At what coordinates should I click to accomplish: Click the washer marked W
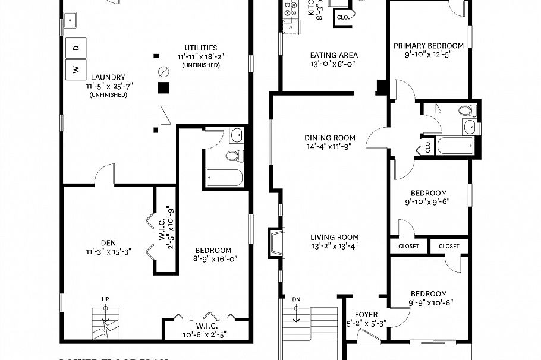(76, 68)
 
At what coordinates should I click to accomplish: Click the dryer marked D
(76, 47)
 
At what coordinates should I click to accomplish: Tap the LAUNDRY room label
(108, 77)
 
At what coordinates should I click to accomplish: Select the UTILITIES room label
(200, 48)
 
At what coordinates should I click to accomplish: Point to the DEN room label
(108, 242)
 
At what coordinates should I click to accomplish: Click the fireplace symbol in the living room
(276, 243)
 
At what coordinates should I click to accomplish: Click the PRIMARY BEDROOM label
(429, 46)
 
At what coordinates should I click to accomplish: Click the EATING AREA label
(334, 55)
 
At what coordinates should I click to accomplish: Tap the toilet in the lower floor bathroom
(235, 156)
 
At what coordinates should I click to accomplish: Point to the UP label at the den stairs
(106, 299)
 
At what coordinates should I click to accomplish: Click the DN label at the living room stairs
(297, 299)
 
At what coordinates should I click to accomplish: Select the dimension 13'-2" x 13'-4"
(335, 246)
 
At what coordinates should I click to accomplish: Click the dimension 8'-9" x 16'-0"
(212, 259)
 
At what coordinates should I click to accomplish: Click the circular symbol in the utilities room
(162, 72)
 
